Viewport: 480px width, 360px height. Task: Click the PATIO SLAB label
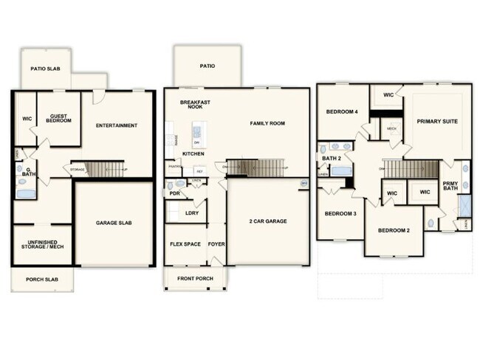tap(45, 69)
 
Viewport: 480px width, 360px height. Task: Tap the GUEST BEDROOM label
tap(60, 118)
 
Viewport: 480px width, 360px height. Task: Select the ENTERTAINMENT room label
tap(117, 125)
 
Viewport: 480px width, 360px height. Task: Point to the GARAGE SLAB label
tap(114, 222)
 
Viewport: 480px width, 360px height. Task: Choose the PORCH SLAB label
tap(42, 280)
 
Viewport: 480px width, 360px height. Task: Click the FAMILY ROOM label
tap(267, 123)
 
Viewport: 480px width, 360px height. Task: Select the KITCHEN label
tap(193, 153)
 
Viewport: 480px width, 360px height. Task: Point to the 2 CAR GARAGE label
tap(268, 221)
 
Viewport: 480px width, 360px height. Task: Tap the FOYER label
tap(216, 243)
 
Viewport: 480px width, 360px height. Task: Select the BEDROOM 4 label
tap(342, 112)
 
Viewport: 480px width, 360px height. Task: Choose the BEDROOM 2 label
tap(394, 231)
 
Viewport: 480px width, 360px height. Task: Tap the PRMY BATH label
tap(450, 187)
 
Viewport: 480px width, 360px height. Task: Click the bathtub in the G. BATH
tap(27, 195)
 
